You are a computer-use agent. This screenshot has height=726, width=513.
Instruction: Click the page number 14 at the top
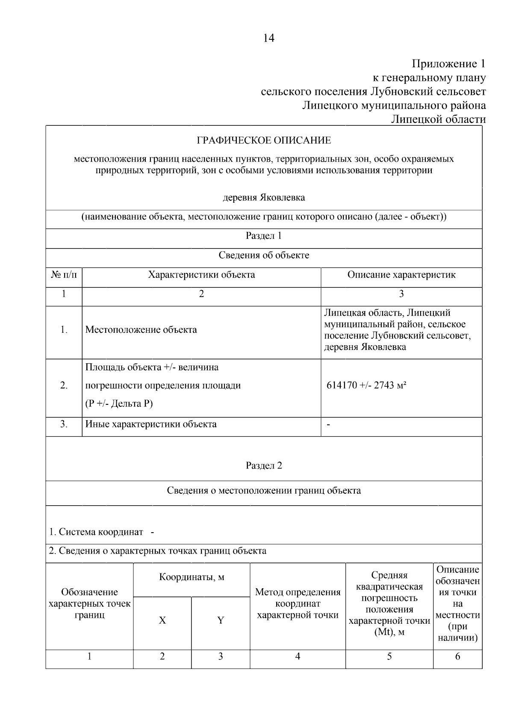(x=268, y=38)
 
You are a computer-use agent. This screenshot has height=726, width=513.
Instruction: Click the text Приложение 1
(x=448, y=64)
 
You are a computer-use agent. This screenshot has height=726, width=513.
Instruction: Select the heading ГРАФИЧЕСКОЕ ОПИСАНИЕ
(x=263, y=140)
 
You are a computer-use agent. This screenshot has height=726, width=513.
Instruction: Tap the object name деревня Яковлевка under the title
(x=264, y=197)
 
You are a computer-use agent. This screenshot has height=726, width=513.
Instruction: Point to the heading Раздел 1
(x=263, y=236)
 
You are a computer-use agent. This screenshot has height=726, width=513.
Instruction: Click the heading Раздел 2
(x=264, y=465)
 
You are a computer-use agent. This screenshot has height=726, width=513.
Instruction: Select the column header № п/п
(x=64, y=275)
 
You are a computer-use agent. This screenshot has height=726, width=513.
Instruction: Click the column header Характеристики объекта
(x=201, y=275)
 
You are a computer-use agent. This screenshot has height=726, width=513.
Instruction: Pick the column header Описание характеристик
(x=401, y=275)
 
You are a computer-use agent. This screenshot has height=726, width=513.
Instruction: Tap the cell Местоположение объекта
(x=141, y=330)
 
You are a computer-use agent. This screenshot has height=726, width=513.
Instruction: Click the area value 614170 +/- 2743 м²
(x=366, y=385)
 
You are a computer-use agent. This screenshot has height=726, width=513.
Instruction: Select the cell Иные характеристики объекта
(x=151, y=424)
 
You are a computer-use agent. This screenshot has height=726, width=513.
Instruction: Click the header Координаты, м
(x=192, y=577)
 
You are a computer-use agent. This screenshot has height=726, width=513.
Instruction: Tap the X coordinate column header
(x=162, y=620)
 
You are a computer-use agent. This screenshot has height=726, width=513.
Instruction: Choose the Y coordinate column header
(x=220, y=620)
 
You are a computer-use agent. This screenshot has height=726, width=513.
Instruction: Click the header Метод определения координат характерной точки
(x=298, y=604)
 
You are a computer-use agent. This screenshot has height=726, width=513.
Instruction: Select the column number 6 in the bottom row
(x=457, y=656)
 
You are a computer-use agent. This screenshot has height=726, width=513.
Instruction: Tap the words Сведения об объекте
(x=264, y=255)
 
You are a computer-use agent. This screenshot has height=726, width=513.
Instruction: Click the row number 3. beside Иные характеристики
(x=64, y=424)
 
